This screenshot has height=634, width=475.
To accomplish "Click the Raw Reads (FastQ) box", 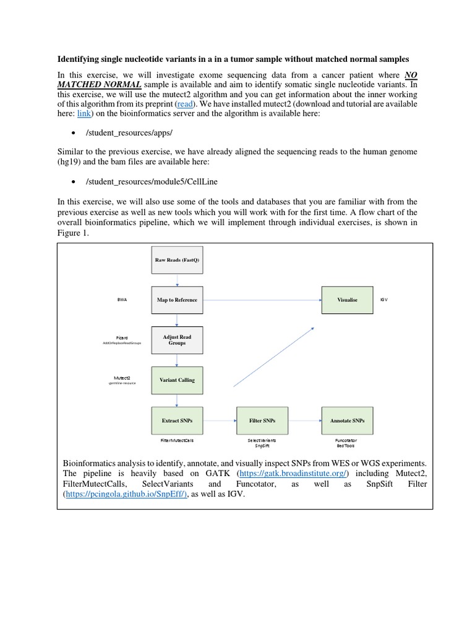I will click(x=177, y=259).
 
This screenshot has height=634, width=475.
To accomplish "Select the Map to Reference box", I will click(x=177, y=300).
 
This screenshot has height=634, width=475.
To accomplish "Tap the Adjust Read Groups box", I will click(x=177, y=340).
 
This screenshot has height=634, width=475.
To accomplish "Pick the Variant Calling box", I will click(x=177, y=380).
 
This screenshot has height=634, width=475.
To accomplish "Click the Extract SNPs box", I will click(x=177, y=420).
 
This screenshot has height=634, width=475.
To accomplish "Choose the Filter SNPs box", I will click(x=262, y=420).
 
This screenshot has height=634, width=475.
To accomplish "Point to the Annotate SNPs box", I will click(x=348, y=420).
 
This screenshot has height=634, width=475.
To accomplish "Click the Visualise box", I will click(x=348, y=300).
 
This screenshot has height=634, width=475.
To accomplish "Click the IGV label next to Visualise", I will click(x=385, y=300).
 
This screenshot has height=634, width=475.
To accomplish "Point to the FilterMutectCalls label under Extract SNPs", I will click(x=177, y=439).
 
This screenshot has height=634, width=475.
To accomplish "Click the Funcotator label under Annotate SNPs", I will click(x=347, y=439).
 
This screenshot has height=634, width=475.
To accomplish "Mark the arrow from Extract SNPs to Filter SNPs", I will click(x=218, y=420).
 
